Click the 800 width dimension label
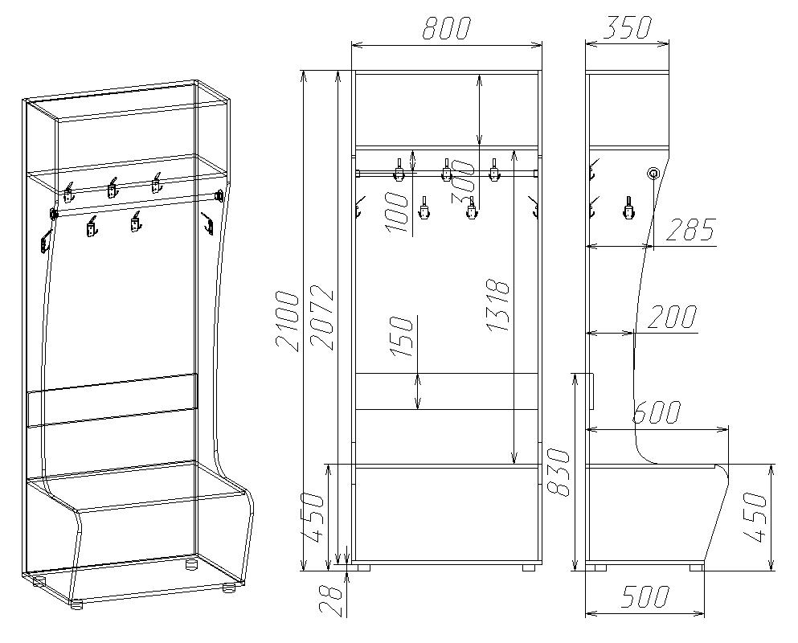pos(446,28)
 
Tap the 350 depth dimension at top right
pos(627,27)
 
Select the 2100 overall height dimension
pos(287,321)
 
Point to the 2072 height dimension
pos(322,319)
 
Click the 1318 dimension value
pos(497,305)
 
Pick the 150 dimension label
pos(401,337)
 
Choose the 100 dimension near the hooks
pos(397,212)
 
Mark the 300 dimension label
pos(463,182)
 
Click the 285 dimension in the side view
pos(690,230)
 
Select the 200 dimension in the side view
pos(671,317)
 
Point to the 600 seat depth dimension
pos(657,412)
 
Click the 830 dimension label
pos(559,472)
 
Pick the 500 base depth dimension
pos(645,596)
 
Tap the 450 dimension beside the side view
pos(755,518)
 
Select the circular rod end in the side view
pos(653,173)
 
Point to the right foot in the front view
pos(530,567)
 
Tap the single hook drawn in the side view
pos(629,208)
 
